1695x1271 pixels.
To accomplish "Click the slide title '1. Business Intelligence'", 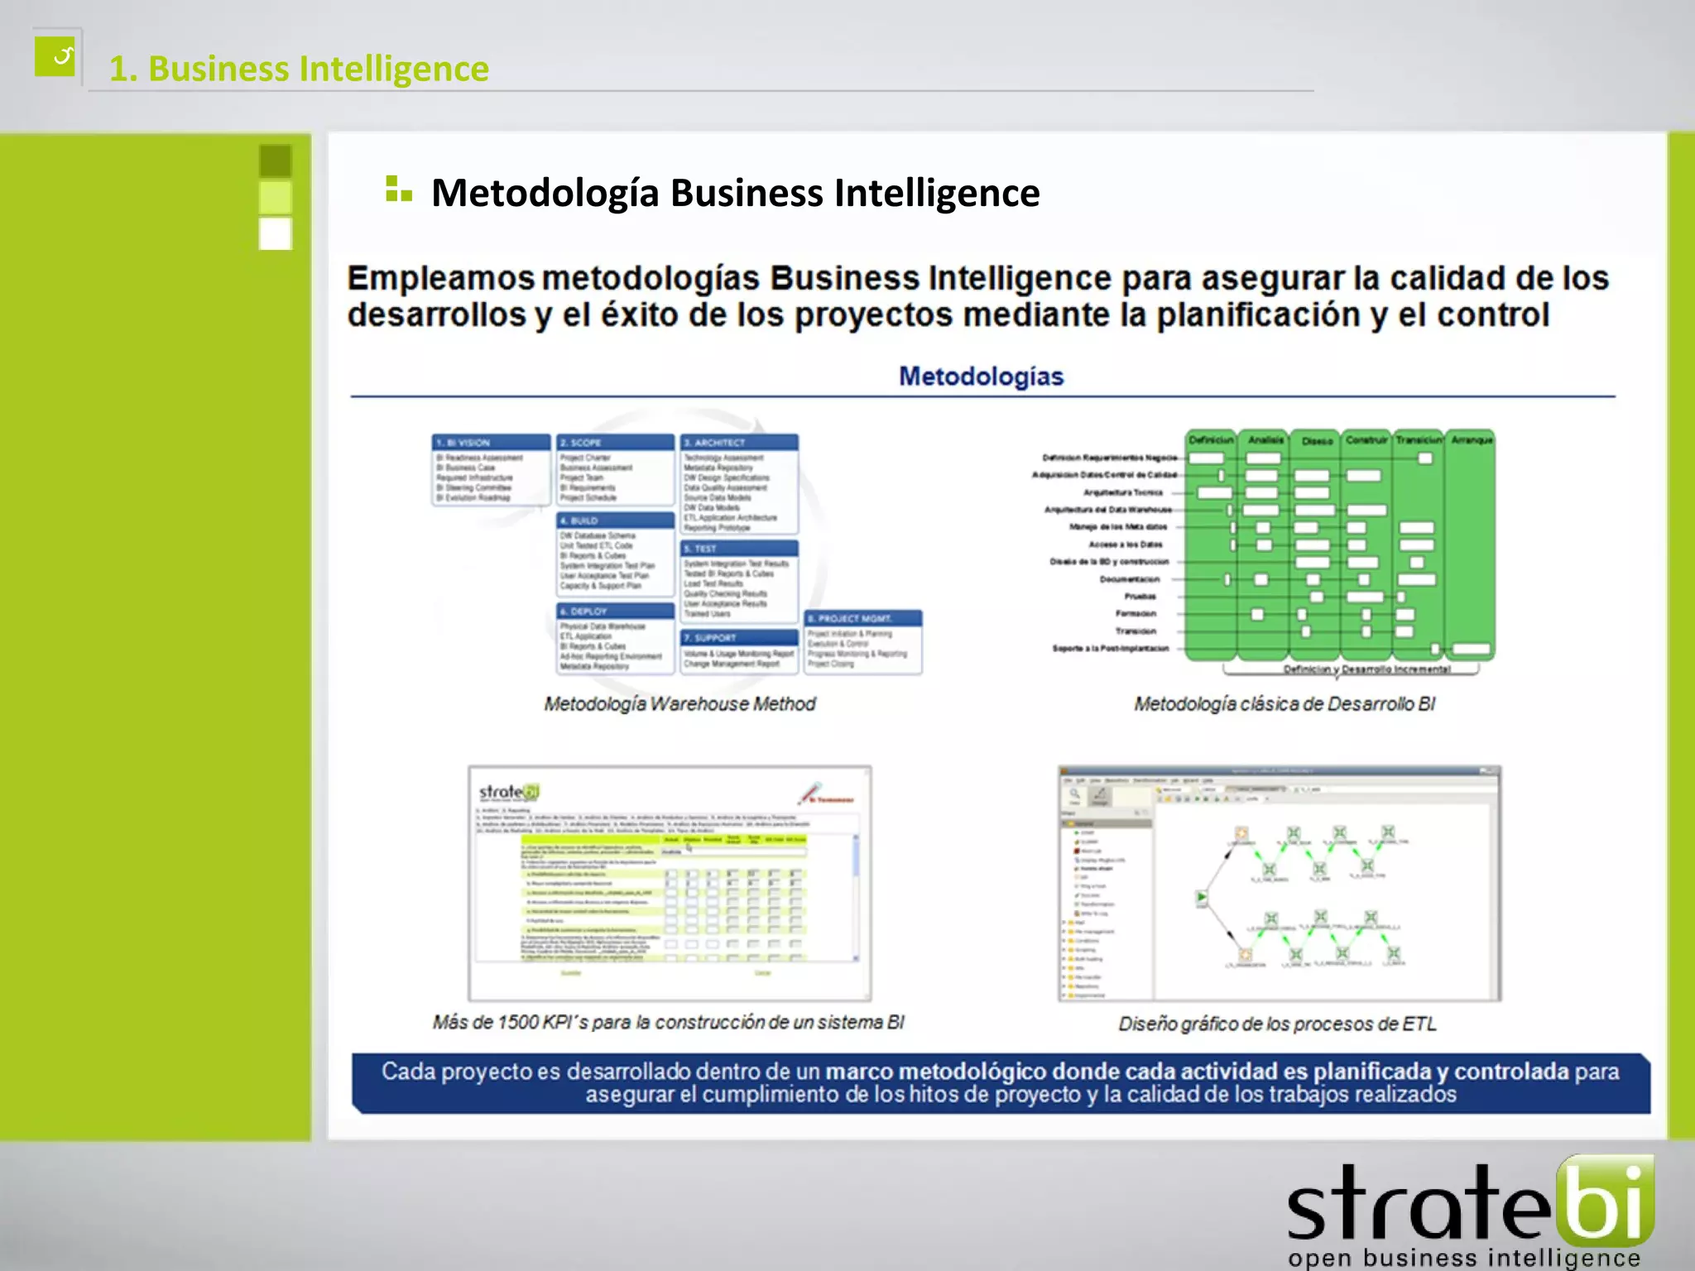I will coord(299,69).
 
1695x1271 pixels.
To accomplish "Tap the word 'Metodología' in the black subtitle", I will coord(545,193).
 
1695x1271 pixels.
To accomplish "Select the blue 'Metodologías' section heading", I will coord(981,377).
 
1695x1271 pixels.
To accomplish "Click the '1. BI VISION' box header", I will coord(491,443).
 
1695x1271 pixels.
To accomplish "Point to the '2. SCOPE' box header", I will coord(615,443).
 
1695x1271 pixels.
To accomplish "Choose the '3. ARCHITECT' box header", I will coord(739,443).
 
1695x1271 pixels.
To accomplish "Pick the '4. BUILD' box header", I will coord(615,520).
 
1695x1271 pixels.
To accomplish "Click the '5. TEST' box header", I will coord(739,549).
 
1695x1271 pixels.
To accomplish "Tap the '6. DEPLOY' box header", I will coord(615,612).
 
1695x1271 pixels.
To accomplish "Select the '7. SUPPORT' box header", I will coord(739,638).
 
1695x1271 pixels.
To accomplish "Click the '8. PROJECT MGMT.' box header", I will coord(862,618).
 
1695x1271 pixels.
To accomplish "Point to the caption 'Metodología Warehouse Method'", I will coord(679,704).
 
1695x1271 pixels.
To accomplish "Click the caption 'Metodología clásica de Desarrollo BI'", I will coord(1284,704).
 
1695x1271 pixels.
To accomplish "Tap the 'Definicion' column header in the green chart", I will coord(1211,440).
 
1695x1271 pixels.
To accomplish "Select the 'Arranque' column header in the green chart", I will coord(1472,440).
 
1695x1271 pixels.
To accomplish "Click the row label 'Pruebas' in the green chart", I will coord(1140,597).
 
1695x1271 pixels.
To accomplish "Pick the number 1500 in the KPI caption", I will coord(517,1022).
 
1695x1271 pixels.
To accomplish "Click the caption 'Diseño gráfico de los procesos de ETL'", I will coord(1277,1024).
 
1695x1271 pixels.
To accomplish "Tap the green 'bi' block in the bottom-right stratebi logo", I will coord(1605,1201).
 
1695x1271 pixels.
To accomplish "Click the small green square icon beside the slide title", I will coord(55,56).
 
